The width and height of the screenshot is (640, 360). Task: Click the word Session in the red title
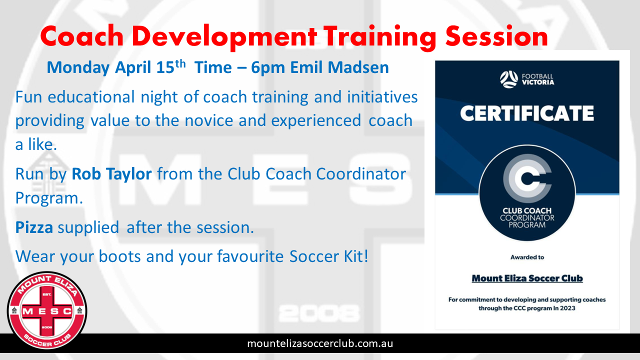coord(496,36)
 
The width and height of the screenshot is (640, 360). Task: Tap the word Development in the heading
coord(224,37)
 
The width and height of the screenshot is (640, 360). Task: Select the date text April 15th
coord(150,67)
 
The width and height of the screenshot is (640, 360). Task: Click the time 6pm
coord(268,67)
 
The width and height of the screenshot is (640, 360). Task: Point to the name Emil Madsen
coord(339,67)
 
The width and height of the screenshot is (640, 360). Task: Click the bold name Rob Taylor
coord(111,174)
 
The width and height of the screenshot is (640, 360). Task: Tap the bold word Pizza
coord(34,227)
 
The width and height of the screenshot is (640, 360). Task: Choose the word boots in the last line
coord(119,256)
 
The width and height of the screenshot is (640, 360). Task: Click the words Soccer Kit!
coord(329,256)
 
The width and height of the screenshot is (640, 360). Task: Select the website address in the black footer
coord(320,343)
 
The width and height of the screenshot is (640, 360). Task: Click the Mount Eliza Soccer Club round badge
coord(47,310)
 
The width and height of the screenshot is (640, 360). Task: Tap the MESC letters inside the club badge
coord(47,311)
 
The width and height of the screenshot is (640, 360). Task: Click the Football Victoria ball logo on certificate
coord(508,79)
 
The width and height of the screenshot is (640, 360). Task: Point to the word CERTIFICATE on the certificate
coord(527,113)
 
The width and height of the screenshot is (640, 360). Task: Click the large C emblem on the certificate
coord(527,178)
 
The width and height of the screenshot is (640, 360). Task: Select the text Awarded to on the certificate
coord(527,257)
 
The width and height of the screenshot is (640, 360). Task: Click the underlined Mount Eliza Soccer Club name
coord(527,278)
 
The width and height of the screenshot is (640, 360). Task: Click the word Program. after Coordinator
coord(49,198)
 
